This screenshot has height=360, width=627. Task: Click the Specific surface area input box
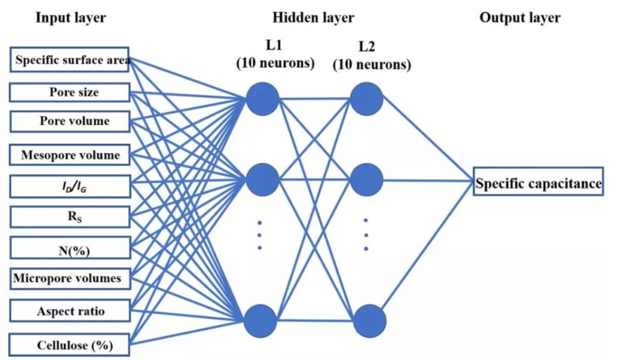click(70, 60)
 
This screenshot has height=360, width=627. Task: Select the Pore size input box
click(70, 93)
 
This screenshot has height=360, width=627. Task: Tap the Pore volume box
click(70, 121)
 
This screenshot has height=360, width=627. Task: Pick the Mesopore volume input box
click(70, 155)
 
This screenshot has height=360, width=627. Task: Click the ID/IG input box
click(70, 185)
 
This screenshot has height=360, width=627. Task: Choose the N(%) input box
click(70, 248)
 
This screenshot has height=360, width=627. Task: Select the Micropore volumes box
click(70, 278)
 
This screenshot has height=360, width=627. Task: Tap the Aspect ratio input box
click(70, 311)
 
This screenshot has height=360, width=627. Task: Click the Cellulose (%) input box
click(70, 346)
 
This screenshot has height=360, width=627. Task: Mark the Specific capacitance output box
click(538, 184)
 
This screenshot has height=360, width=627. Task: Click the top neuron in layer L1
click(262, 99)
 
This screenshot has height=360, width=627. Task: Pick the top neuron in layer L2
click(367, 99)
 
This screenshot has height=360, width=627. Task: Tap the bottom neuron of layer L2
click(367, 320)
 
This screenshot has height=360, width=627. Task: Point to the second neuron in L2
click(367, 179)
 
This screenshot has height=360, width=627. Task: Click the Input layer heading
click(70, 17)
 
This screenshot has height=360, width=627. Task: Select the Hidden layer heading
click(313, 17)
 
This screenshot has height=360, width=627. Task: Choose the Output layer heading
click(520, 17)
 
